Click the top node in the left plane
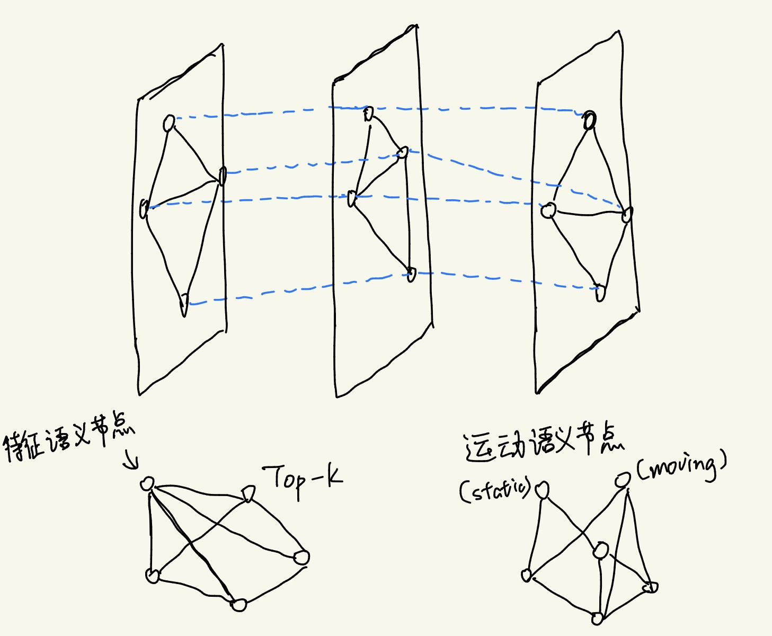pyautogui.click(x=169, y=123)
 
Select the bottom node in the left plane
pyautogui.click(x=184, y=303)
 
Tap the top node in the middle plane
pyautogui.click(x=369, y=113)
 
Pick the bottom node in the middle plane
pyautogui.click(x=411, y=274)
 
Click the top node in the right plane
pyautogui.click(x=589, y=121)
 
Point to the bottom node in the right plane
pyautogui.click(x=600, y=292)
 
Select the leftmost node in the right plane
pyautogui.click(x=548, y=211)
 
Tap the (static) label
pyautogui.click(x=495, y=490)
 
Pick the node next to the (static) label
pyautogui.click(x=542, y=491)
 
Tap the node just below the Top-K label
pyautogui.click(x=248, y=494)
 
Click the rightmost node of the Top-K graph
pyautogui.click(x=301, y=557)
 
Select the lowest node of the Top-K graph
pyautogui.click(x=239, y=605)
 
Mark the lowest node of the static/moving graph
pyautogui.click(x=597, y=619)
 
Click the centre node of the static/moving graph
pyautogui.click(x=600, y=551)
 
